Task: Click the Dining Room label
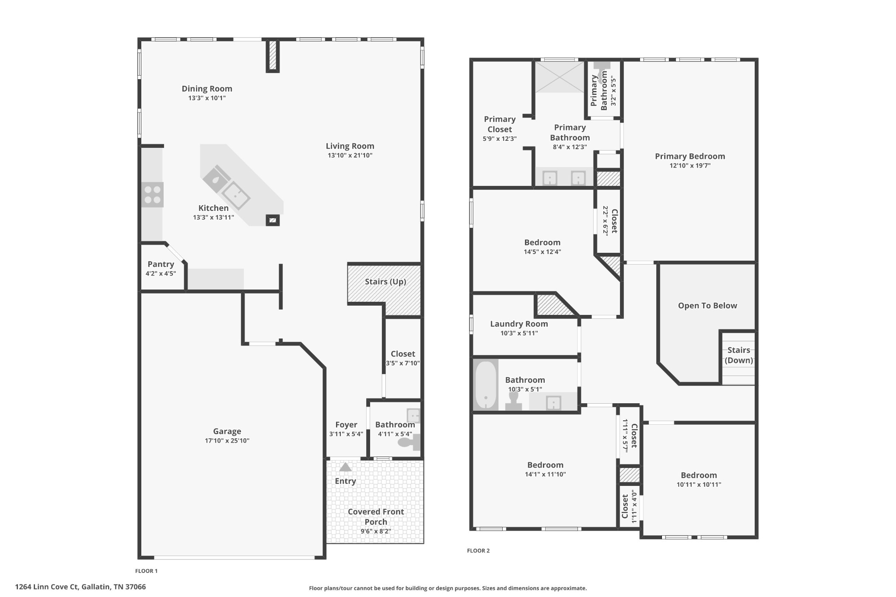coord(207,89)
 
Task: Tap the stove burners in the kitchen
coord(152,195)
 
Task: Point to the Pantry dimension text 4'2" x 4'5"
coord(161,274)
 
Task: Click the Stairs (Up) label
coord(385,282)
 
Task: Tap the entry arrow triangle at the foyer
coord(346,467)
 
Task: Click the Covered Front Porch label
coord(376,517)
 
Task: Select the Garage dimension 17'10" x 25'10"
coord(227,441)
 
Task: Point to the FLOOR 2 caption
coord(478,551)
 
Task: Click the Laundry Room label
coord(519,324)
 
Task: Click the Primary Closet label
coord(500,124)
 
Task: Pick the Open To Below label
coord(707,306)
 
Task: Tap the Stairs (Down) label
coord(738,355)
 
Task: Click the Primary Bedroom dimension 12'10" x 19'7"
coord(690,166)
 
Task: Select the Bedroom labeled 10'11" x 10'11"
coord(699,475)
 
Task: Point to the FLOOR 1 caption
coord(146,571)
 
